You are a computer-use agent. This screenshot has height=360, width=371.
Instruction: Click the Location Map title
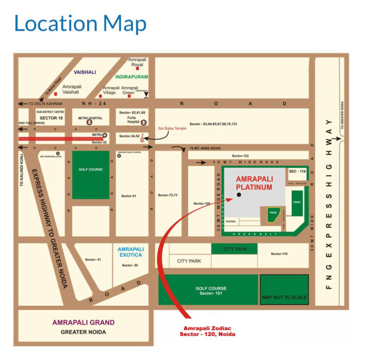[80, 24]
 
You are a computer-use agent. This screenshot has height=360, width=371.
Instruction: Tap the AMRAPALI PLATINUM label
[254, 183]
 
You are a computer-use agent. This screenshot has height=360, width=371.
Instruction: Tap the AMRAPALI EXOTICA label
[130, 252]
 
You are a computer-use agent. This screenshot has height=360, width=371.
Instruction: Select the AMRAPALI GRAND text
[83, 322]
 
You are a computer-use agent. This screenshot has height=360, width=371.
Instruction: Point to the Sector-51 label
[129, 196]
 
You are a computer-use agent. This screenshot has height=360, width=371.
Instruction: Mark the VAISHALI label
[85, 72]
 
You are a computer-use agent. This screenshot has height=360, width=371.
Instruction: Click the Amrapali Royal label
[137, 63]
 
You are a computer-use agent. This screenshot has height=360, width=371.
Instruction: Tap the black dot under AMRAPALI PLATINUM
[239, 195]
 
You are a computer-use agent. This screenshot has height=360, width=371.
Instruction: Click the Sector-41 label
[93, 259]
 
